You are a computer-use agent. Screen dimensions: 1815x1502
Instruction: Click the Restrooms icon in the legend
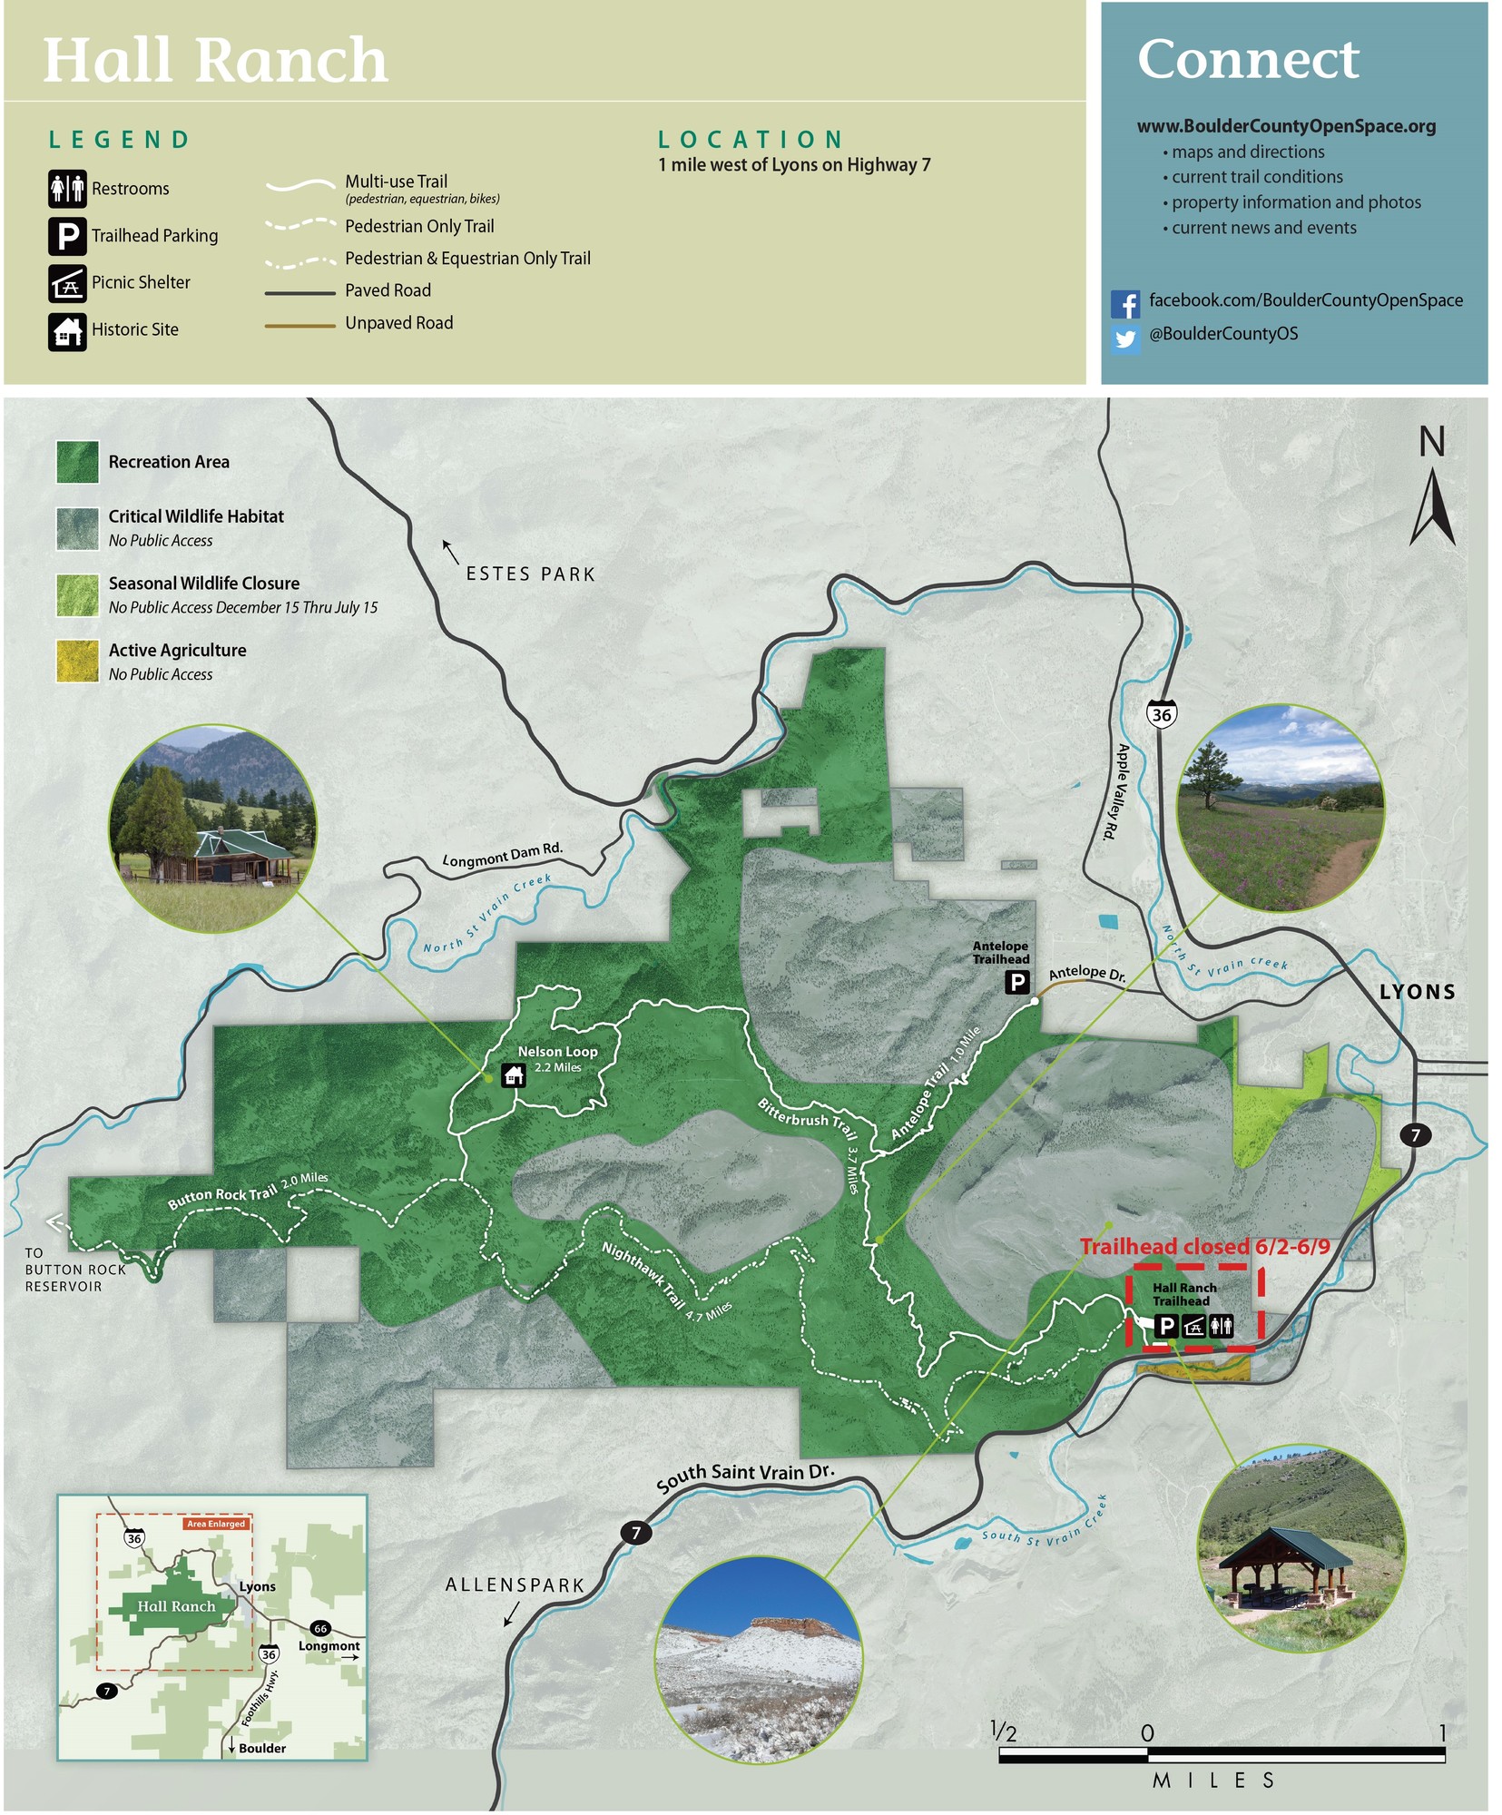click(67, 189)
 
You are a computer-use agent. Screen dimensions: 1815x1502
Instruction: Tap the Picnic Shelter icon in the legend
click(67, 283)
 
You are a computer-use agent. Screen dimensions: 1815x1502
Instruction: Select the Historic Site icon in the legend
click(67, 331)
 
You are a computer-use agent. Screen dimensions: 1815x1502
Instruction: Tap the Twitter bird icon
click(1125, 338)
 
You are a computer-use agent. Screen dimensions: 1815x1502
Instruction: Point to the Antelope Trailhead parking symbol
click(1017, 981)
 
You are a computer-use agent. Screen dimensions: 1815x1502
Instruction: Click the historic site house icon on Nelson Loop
click(514, 1076)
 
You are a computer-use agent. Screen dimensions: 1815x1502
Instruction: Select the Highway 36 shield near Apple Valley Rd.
click(1161, 713)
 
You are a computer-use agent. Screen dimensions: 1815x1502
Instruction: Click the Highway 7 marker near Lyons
click(1415, 1134)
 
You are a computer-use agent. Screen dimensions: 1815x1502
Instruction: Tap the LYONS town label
click(1417, 992)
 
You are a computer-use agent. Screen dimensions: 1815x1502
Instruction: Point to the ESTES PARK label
click(530, 574)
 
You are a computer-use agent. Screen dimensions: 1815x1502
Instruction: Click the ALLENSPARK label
click(515, 1585)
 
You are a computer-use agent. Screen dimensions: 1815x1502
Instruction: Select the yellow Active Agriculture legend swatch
click(77, 661)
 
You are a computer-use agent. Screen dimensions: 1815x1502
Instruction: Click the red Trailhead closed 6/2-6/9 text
click(1204, 1247)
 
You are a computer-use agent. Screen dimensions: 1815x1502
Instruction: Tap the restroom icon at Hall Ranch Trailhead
click(1222, 1326)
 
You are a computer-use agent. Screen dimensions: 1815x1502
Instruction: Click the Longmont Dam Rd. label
click(502, 854)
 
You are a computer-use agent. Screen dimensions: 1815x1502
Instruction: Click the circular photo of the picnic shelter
click(1301, 1548)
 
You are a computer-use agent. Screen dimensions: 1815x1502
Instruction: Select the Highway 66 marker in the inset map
click(319, 1628)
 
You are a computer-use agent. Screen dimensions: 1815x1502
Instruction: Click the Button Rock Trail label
click(222, 1197)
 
